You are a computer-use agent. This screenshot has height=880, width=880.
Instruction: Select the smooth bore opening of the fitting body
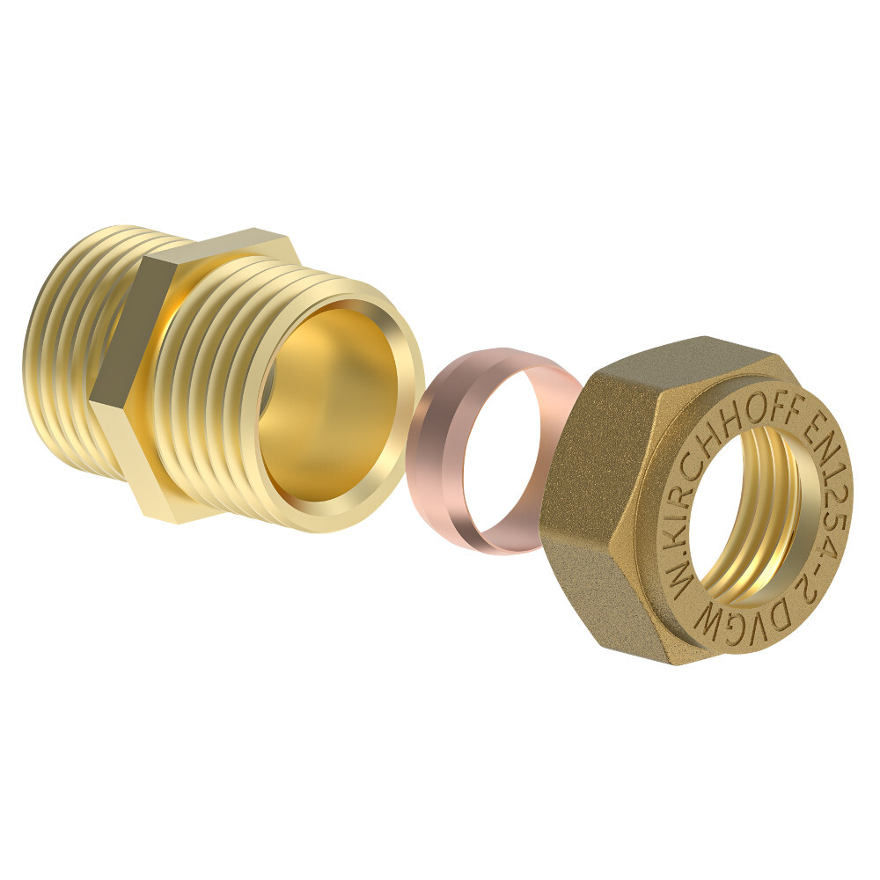(x=326, y=405)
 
